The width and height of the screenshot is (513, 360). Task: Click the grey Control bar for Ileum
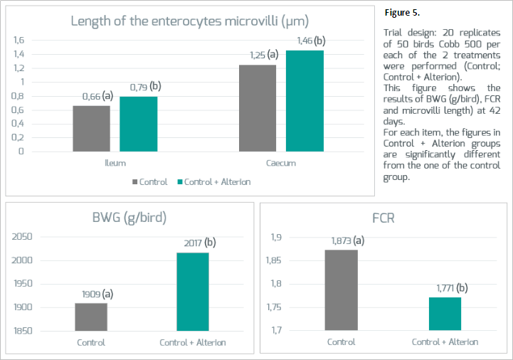tap(91, 129)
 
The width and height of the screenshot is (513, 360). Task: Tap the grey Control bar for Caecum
tap(258, 108)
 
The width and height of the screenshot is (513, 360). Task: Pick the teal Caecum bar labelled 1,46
tap(305, 101)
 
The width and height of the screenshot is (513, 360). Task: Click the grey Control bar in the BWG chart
tap(91, 317)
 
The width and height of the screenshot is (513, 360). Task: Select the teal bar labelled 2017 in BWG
tap(193, 292)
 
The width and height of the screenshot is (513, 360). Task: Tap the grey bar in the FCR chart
tap(342, 290)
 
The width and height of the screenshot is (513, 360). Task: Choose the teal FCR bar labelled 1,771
tap(445, 314)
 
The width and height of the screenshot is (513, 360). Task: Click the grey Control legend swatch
tap(134, 182)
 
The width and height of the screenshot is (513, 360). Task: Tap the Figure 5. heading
tap(403, 13)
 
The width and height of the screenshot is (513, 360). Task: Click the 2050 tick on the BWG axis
tap(22, 237)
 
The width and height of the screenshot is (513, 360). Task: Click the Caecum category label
tap(281, 163)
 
